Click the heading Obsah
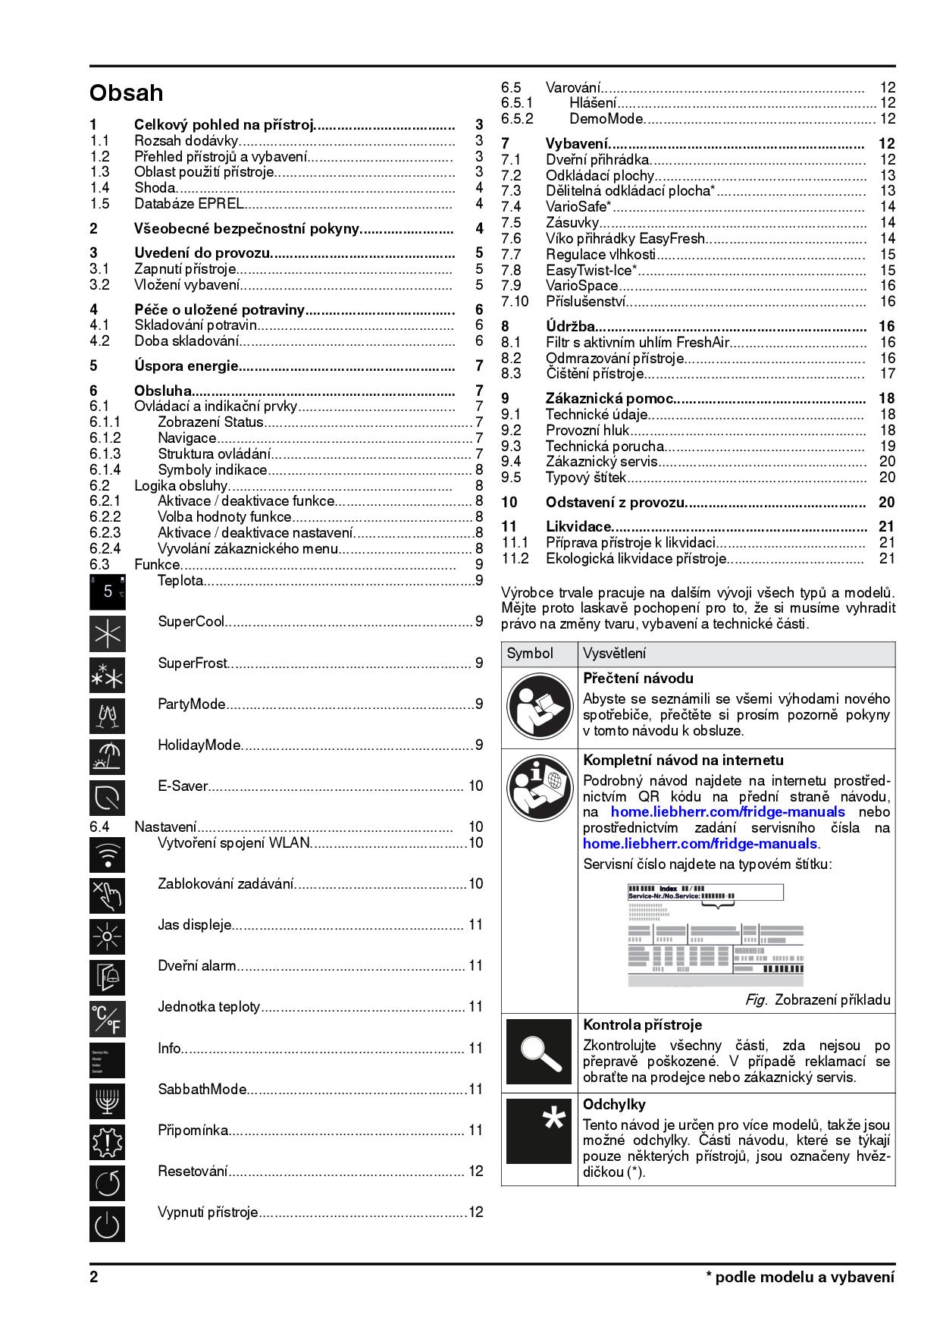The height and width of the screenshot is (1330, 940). pyautogui.click(x=126, y=93)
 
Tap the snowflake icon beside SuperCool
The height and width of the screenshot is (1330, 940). pyautogui.click(x=107, y=634)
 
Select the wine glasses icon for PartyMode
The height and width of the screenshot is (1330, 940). pyautogui.click(x=107, y=716)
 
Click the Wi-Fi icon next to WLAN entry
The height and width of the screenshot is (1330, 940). pyautogui.click(x=107, y=855)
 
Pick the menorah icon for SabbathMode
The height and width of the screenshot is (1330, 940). pyautogui.click(x=107, y=1101)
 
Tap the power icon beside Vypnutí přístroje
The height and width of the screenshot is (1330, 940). pyautogui.click(x=107, y=1224)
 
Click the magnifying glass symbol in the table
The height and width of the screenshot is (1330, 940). pyautogui.click(x=539, y=1052)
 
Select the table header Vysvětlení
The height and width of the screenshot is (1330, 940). pyautogui.click(x=614, y=654)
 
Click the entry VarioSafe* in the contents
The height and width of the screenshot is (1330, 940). pyautogui.click(x=579, y=207)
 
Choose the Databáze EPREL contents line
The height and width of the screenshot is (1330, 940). pyautogui.click(x=189, y=204)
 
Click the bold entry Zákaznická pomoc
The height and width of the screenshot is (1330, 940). pyautogui.click(x=609, y=399)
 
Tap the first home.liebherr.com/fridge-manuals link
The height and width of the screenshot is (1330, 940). pyautogui.click(x=728, y=812)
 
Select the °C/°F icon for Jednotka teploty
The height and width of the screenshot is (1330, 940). pyautogui.click(x=107, y=1019)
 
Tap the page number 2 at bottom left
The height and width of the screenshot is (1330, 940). pyautogui.click(x=94, y=1277)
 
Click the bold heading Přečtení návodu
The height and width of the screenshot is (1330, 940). pyautogui.click(x=638, y=679)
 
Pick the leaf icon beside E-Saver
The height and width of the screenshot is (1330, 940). pyautogui.click(x=107, y=798)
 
